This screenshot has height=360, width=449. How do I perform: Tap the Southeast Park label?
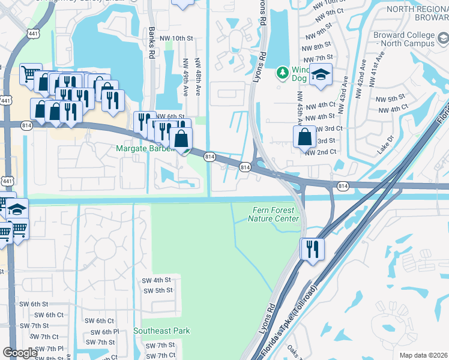click(x=161, y=331)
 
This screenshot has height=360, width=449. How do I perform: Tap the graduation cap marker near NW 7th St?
click(x=321, y=75)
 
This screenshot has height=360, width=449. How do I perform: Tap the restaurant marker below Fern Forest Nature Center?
click(x=312, y=248)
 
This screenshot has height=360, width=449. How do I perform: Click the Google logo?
click(x=20, y=353)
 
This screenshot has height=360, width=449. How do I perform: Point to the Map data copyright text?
click(x=424, y=355)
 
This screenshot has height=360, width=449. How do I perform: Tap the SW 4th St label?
click(x=156, y=280)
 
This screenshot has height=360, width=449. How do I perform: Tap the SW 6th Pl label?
click(x=102, y=332)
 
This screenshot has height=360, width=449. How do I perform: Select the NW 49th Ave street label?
click(x=185, y=76)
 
